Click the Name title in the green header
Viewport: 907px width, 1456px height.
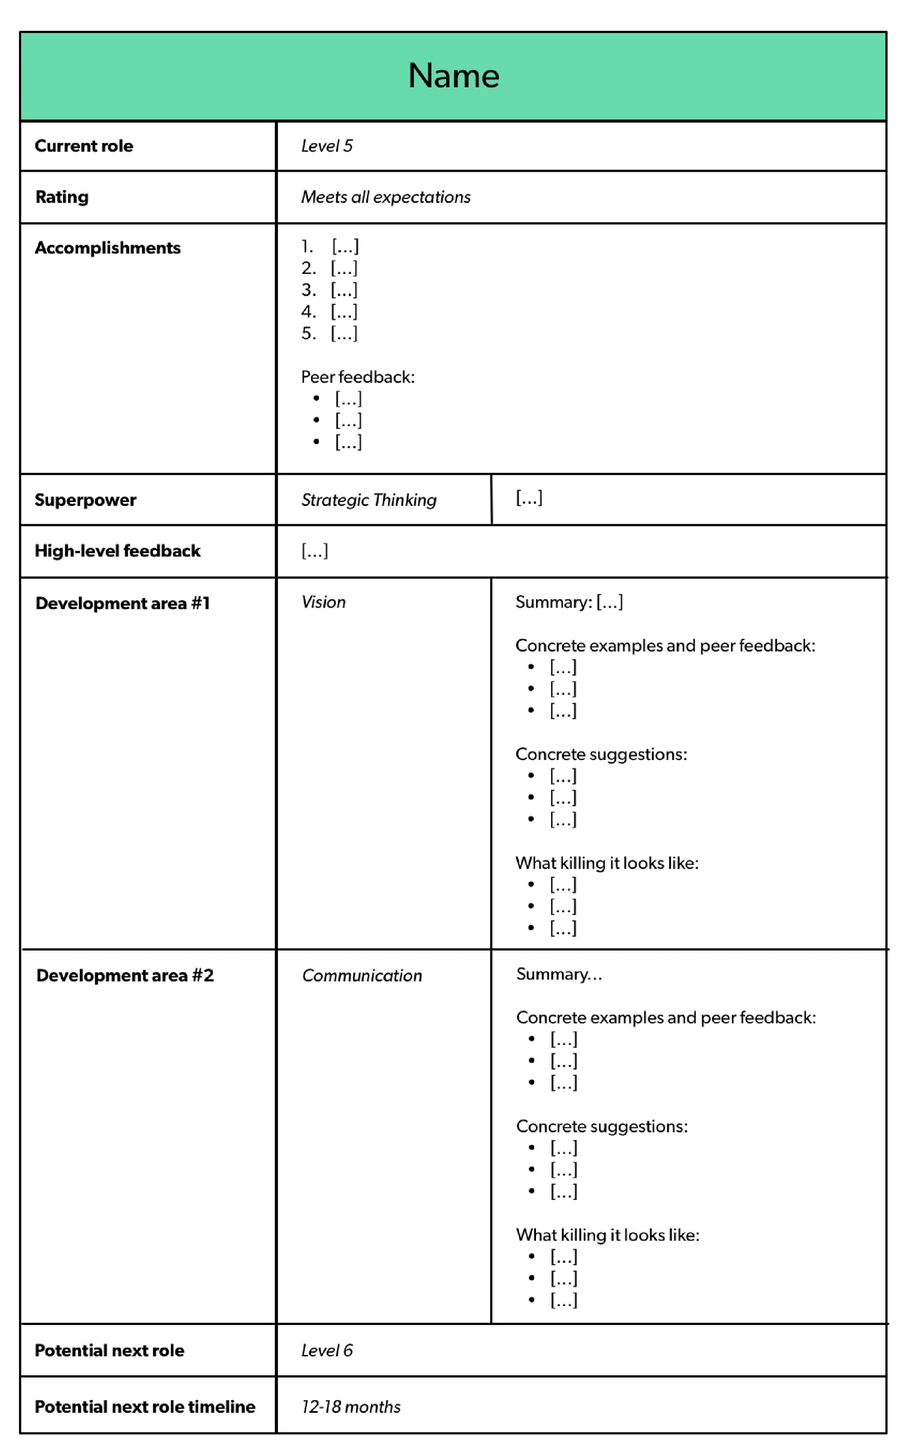(453, 76)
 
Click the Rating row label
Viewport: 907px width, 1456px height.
(62, 197)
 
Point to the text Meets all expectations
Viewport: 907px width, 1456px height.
(386, 197)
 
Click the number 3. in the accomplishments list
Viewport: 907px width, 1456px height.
(308, 290)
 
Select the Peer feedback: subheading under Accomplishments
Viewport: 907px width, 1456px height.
(357, 377)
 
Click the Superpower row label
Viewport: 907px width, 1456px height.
(85, 500)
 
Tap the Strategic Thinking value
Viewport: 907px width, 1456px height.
(369, 500)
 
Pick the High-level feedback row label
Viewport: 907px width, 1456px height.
(117, 550)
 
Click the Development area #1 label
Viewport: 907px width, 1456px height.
(122, 603)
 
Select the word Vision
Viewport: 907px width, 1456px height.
(323, 602)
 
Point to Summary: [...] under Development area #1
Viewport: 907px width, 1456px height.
(569, 602)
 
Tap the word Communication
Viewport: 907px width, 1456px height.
(362, 976)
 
